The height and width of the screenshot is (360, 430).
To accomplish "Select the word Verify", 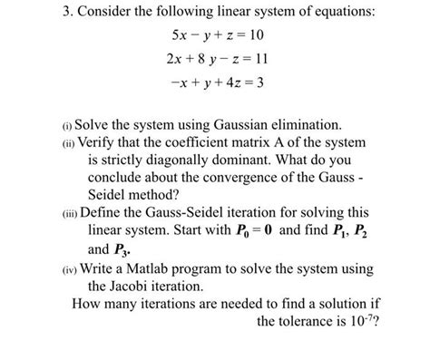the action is click(x=105, y=143).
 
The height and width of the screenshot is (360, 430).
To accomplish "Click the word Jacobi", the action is click(x=142, y=289).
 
